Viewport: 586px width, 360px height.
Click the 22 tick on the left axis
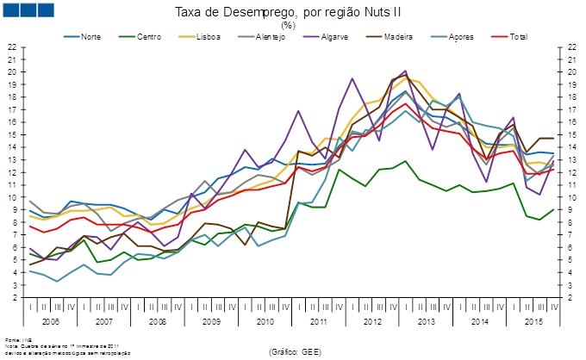13,47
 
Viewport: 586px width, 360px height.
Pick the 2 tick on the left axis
16,297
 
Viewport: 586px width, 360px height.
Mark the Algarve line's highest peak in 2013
405,71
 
